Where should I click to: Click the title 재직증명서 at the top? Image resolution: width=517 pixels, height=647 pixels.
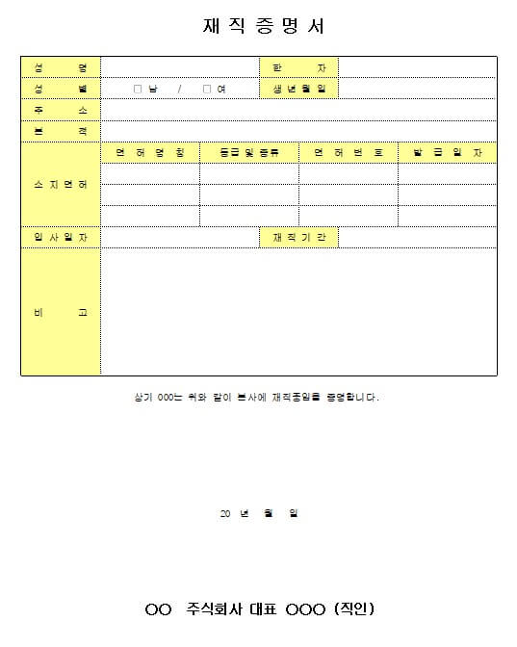[258, 26]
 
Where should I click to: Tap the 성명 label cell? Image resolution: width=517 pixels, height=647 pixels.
[61, 67]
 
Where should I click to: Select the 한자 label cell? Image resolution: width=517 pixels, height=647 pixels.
[298, 67]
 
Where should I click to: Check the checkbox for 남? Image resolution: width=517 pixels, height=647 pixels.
[138, 90]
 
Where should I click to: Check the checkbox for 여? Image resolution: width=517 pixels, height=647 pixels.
[206, 90]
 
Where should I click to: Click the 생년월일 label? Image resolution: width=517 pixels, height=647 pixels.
[298, 89]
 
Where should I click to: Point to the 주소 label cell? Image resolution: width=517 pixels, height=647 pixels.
[61, 110]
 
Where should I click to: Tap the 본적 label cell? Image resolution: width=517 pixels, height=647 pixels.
[61, 131]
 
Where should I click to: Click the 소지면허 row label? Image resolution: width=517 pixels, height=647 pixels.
[61, 184]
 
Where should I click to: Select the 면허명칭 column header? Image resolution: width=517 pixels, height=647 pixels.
[150, 153]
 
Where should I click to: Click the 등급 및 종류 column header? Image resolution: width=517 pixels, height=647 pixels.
[249, 153]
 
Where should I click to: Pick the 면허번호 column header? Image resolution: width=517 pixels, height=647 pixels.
[349, 153]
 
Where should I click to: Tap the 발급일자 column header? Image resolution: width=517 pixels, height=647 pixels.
[448, 153]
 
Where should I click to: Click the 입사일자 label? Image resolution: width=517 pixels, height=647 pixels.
[61, 238]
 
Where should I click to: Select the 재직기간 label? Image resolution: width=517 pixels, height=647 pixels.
[298, 238]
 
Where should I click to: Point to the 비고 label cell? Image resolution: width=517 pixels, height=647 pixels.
[61, 312]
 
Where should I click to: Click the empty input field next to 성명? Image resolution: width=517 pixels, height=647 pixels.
[180, 67]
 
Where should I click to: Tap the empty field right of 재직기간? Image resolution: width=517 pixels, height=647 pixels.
[417, 238]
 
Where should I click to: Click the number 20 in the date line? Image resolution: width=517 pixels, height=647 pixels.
[225, 513]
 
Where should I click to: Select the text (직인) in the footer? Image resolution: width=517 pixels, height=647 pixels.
[352, 608]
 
